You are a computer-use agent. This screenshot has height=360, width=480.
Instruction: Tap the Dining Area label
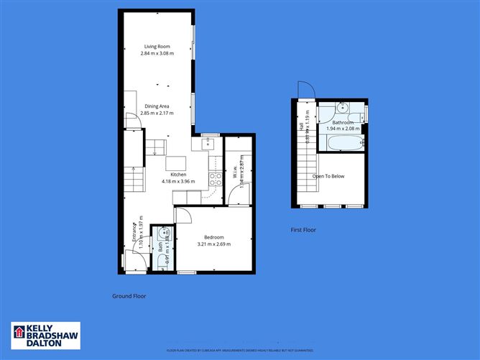point(157,106)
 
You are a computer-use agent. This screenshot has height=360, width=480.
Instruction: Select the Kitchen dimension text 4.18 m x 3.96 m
point(178,182)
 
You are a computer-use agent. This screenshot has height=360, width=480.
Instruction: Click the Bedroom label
point(213,237)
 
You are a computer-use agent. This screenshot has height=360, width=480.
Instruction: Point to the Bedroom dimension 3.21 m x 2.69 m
point(213,244)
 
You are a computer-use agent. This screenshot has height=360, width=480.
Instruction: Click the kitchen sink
point(210,144)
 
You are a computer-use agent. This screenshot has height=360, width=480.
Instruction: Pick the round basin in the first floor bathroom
point(343,109)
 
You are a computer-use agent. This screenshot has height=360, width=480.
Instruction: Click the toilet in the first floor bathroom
point(361,114)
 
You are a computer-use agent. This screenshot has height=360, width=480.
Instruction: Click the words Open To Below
point(328,175)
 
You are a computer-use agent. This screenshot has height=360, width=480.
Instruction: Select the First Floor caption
point(304,230)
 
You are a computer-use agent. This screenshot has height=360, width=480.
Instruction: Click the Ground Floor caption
point(129,296)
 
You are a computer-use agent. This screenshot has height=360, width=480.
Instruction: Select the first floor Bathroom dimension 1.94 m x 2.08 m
point(343,129)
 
